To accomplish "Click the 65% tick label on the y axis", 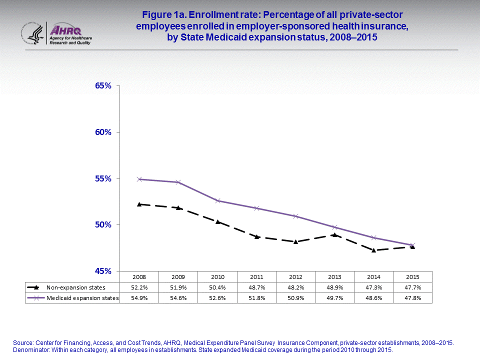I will click(103, 85).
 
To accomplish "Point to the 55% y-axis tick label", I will click(103, 178).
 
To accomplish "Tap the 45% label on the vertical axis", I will click(103, 271).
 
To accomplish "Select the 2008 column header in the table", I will click(139, 276).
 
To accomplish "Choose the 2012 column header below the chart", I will click(295, 276).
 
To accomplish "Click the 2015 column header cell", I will click(412, 276).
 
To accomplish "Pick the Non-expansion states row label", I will click(75, 287).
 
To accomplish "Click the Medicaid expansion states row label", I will click(82, 298).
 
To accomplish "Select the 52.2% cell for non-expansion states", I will click(139, 287).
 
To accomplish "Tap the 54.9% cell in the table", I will click(139, 298).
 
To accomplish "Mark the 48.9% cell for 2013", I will click(334, 287).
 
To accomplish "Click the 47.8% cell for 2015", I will click(412, 298).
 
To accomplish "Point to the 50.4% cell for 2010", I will click(217, 287).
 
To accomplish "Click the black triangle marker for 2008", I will click(139, 204).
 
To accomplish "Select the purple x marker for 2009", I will click(178, 182).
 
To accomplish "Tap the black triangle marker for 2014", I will click(373, 250).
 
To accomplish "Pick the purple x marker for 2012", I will click(295, 216).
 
